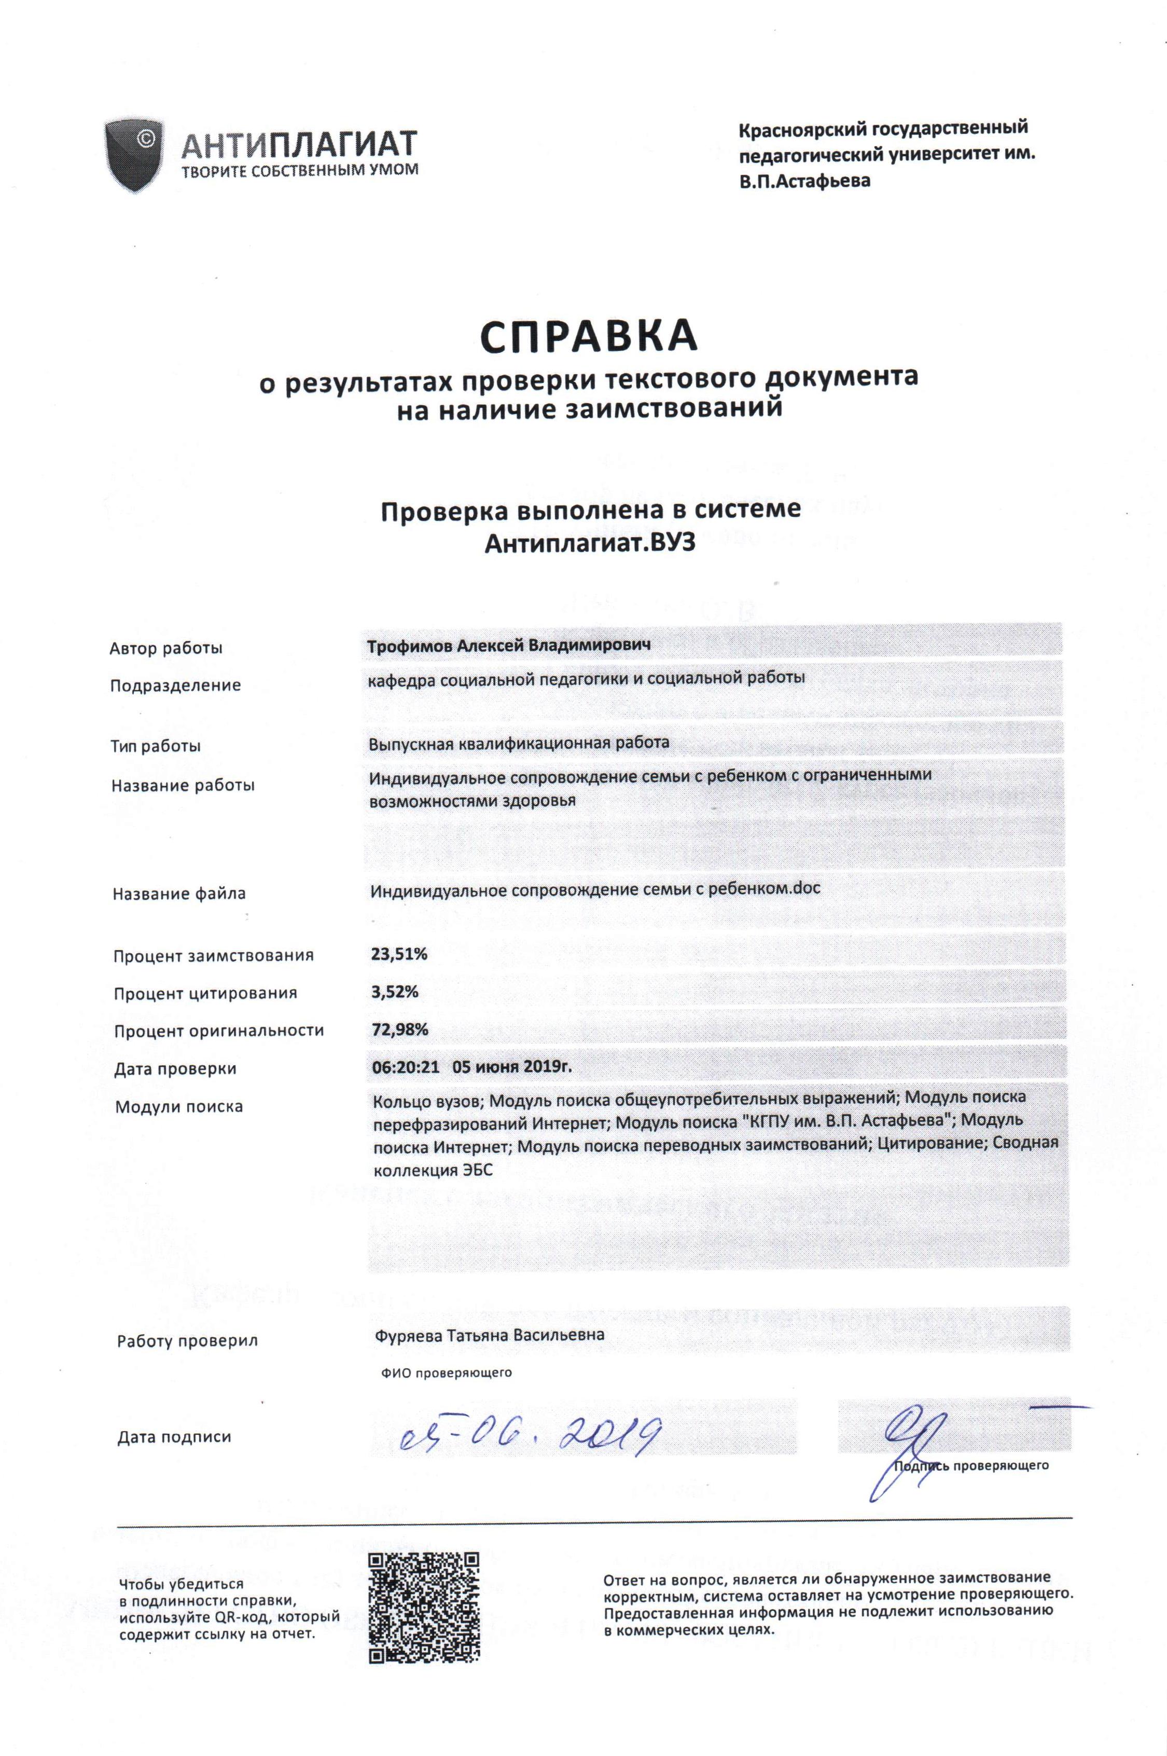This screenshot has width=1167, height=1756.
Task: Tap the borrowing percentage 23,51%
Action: coord(399,954)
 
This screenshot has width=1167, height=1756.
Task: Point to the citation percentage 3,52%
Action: coord(395,992)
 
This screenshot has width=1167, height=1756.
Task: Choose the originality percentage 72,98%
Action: coord(399,1030)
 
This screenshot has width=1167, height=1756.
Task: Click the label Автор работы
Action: coord(166,648)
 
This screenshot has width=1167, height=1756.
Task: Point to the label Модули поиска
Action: coord(178,1106)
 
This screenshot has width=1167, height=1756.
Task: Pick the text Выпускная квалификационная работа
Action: coord(519,742)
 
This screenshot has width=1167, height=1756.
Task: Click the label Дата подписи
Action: coord(174,1437)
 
